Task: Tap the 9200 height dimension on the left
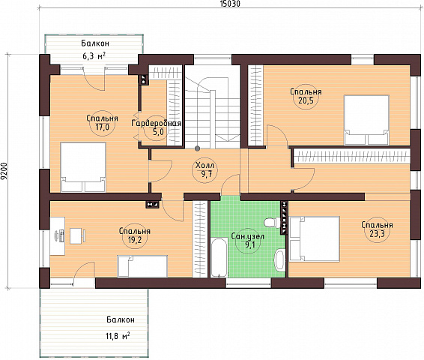click(x=4, y=171)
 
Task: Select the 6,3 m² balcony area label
click(x=94, y=56)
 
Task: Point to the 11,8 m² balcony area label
click(x=118, y=336)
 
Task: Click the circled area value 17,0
click(x=102, y=127)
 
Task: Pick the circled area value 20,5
click(x=306, y=100)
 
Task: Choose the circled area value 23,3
click(x=377, y=233)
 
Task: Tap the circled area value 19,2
click(x=134, y=239)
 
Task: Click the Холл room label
click(x=205, y=165)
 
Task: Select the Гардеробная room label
click(x=156, y=124)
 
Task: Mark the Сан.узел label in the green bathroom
click(x=248, y=236)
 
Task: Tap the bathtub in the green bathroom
click(x=219, y=257)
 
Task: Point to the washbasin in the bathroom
click(x=279, y=260)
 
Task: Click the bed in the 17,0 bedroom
click(x=83, y=167)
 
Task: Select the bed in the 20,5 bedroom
click(x=366, y=120)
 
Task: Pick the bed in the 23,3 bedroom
click(x=315, y=238)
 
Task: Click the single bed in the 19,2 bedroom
click(x=142, y=266)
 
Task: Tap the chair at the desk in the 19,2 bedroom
click(x=78, y=235)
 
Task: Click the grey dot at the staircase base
click(x=198, y=148)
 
